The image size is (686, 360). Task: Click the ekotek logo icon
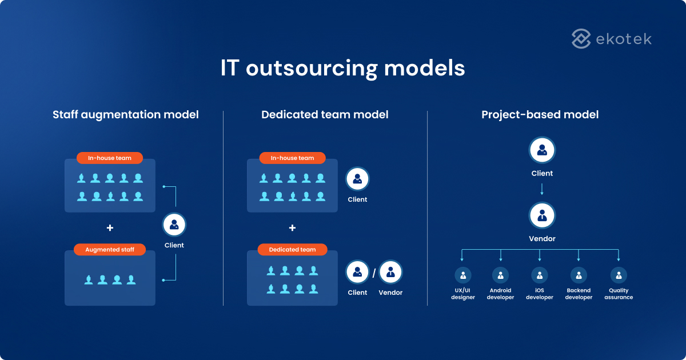[x=581, y=39]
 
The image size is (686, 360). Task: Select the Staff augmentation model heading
[x=126, y=115]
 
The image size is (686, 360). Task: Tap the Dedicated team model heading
[x=325, y=115]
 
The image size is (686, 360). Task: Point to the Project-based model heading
[x=540, y=115]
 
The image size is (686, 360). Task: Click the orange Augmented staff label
[x=110, y=250]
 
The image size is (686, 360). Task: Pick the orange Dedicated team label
[x=292, y=250]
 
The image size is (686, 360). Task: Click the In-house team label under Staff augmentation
[x=110, y=158]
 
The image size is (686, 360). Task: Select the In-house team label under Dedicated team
[x=292, y=158]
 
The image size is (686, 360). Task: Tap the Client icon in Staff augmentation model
[x=174, y=225]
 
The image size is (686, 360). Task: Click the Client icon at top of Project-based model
[x=542, y=150]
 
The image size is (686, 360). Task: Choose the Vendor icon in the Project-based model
[x=542, y=215]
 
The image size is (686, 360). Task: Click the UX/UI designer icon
[x=463, y=275]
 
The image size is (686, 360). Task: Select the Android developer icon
[x=501, y=275]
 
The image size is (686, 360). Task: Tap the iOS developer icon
[x=540, y=275]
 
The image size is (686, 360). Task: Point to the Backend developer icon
[x=579, y=275]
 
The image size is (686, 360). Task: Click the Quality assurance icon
[x=619, y=275]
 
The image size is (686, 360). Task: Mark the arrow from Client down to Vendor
[x=542, y=189]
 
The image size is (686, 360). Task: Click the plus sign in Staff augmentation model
[x=110, y=228]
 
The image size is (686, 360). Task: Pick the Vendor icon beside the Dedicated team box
[x=390, y=273]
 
